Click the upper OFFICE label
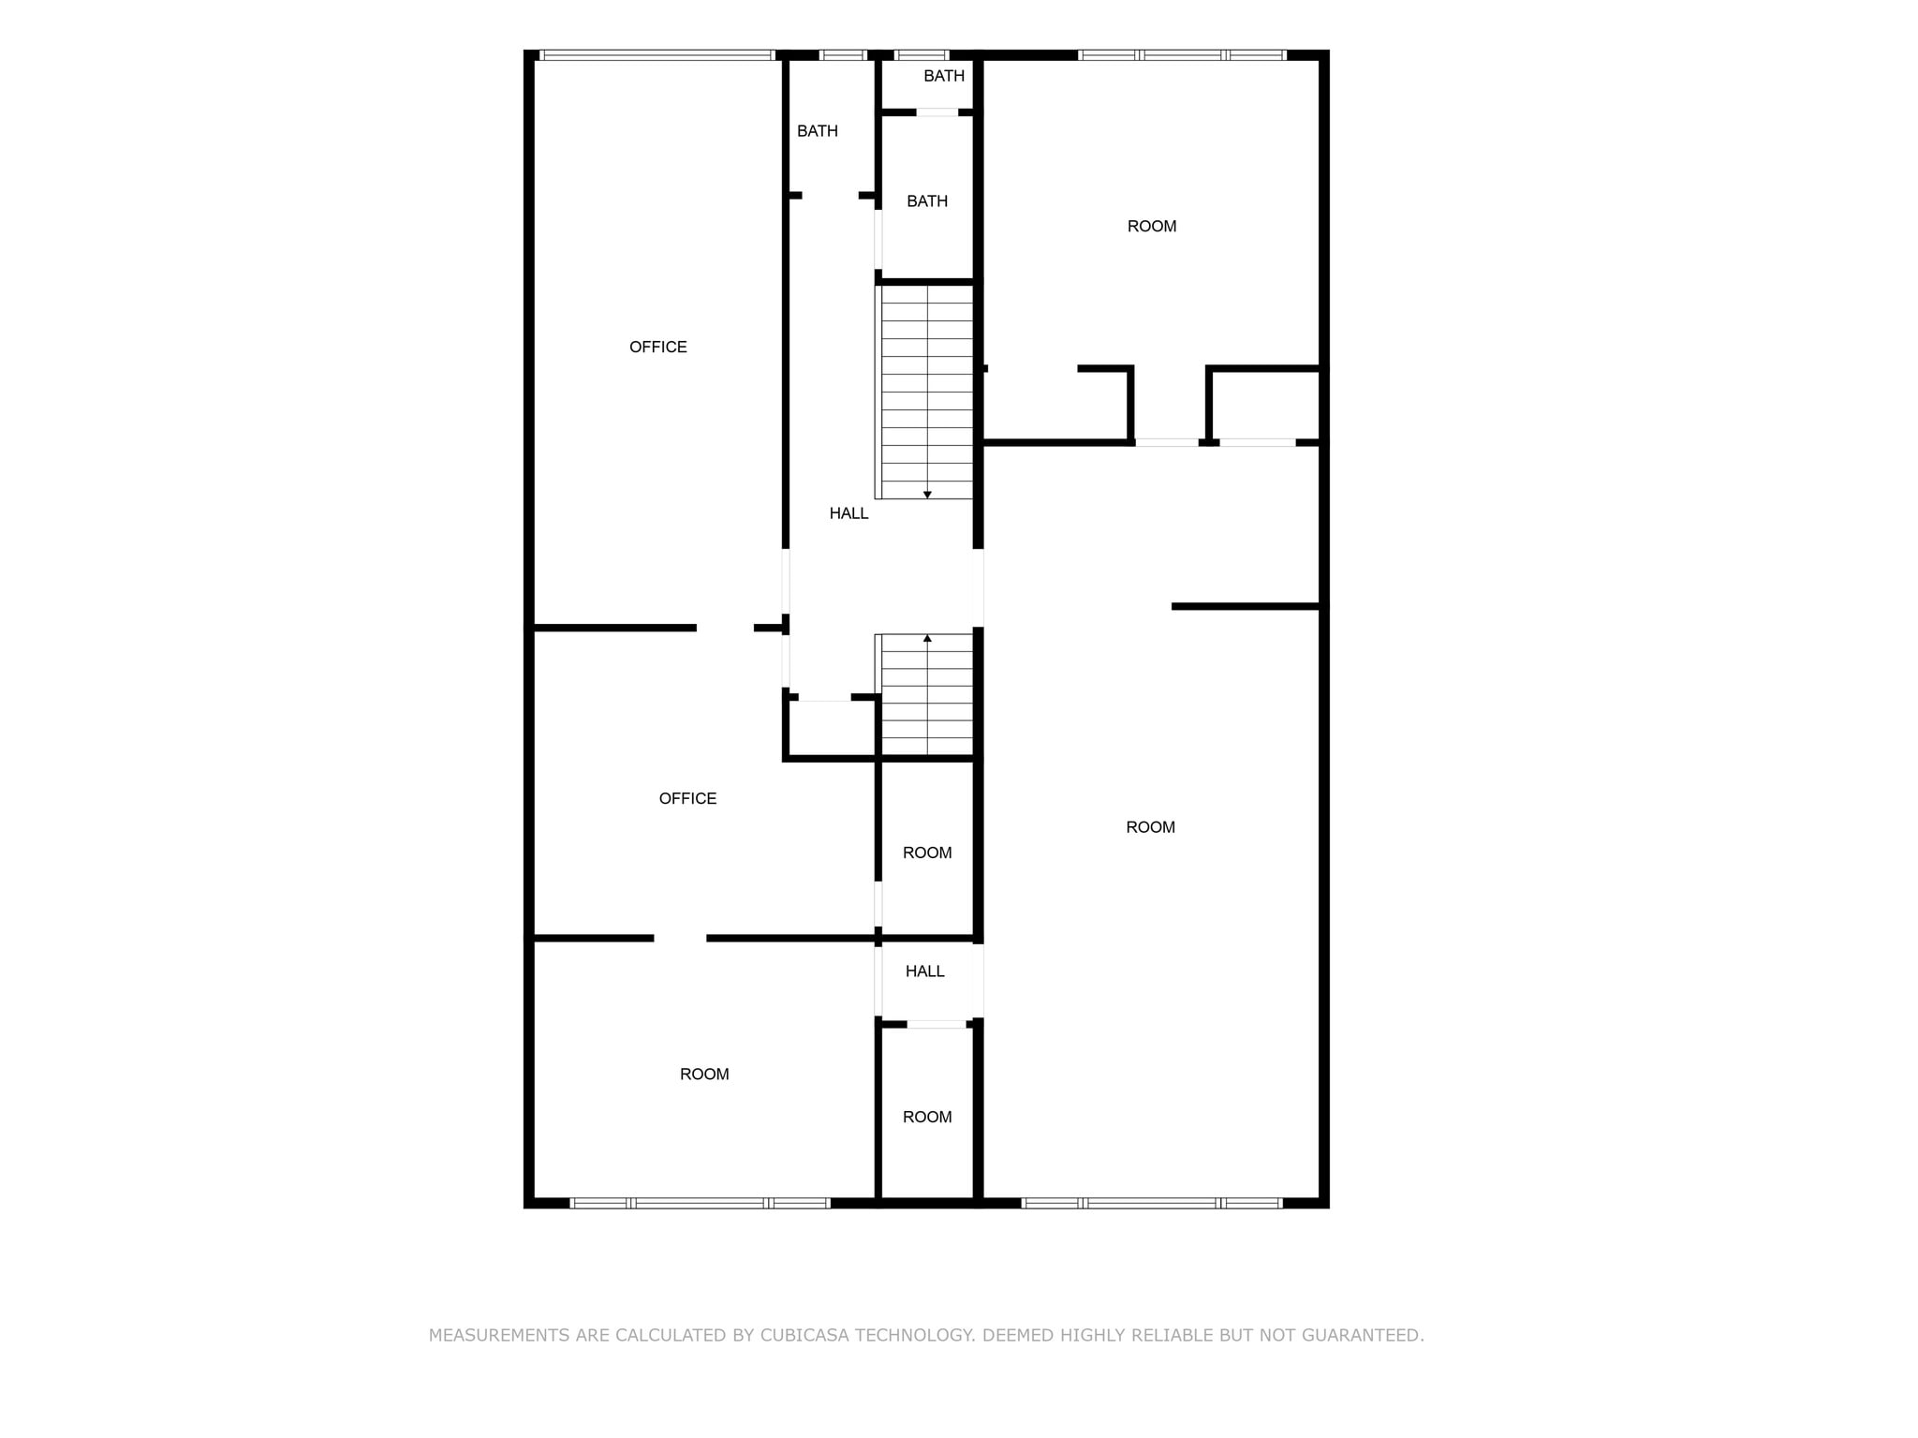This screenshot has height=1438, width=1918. pos(657,347)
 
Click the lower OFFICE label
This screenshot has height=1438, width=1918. pos(687,798)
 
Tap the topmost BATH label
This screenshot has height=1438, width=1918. pos(943,76)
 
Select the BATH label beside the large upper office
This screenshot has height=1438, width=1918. pos(817,131)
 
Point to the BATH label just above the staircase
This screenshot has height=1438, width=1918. pos(926,201)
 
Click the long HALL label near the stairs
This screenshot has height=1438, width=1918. pos(848,513)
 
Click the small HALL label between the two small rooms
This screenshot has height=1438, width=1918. pos(924,971)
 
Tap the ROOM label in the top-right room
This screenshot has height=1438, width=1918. pos(1151,226)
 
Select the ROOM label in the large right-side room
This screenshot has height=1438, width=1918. pos(1149,827)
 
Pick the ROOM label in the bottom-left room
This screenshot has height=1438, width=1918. pos(703,1075)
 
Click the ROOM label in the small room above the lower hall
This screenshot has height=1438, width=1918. pos(926,852)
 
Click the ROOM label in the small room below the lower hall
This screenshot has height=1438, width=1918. pos(926,1117)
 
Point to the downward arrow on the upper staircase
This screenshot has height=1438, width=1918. pos(927,494)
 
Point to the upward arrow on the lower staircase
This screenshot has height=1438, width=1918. pos(927,639)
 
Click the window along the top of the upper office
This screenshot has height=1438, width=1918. pos(657,55)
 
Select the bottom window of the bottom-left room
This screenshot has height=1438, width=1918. pos(700,1203)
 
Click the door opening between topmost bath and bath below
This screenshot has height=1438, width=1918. pos(937,112)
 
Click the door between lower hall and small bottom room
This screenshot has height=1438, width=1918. pos(937,1024)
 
